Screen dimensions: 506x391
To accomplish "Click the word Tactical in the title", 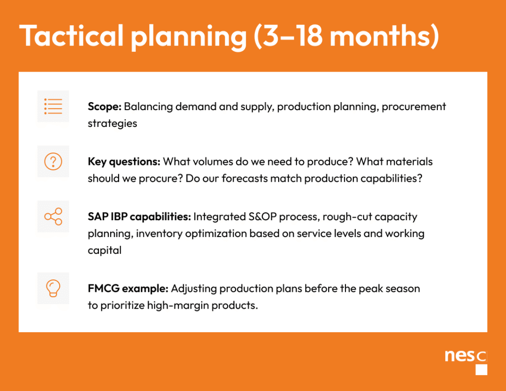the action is tap(71, 36).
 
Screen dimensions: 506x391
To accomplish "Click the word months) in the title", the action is tap(384, 36).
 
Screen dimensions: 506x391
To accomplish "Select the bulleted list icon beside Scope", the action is tap(53, 106).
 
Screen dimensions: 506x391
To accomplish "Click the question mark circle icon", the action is tap(53, 161).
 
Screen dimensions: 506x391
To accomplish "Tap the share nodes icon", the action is tap(53, 216).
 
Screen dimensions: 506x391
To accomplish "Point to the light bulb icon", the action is tap(53, 288).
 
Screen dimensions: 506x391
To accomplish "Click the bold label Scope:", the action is tap(105, 106).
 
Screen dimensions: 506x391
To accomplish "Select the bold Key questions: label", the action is tap(124, 161).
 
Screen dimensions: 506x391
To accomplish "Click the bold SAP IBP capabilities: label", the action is tap(139, 217).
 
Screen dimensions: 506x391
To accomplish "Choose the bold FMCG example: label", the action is tap(128, 288).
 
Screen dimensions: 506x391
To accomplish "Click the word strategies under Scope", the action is tap(112, 123).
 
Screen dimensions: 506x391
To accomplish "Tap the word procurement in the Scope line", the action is tap(414, 107).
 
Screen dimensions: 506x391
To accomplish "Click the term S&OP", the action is tap(262, 217).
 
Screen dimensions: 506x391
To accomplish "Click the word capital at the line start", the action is tap(105, 250).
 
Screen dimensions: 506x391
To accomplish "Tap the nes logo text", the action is tap(460, 356).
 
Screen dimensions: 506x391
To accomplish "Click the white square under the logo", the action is tap(481, 370).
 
